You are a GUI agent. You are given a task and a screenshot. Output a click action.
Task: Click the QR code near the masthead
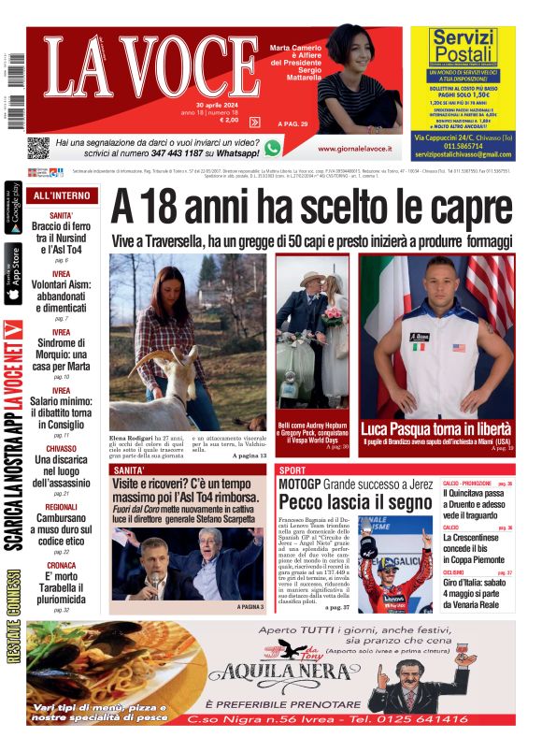38,148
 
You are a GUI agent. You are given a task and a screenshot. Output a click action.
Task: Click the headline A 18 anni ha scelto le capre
310,207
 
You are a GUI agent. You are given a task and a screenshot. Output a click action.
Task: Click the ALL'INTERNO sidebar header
61,196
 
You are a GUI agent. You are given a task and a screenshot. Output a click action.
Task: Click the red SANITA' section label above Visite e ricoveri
128,470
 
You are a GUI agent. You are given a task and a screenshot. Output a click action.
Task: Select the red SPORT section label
292,470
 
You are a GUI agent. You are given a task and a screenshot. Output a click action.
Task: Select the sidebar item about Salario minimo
61,401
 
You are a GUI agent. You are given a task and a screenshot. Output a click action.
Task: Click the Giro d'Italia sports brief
477,590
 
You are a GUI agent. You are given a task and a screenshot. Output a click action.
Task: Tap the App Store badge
13,274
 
